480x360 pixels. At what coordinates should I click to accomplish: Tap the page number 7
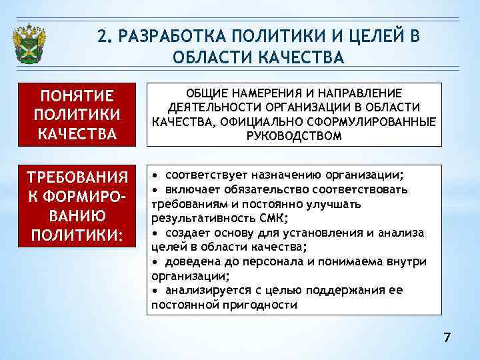click(x=447, y=338)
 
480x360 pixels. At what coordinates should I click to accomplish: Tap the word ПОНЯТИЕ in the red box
click(x=77, y=95)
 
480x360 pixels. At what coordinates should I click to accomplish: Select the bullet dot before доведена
click(x=155, y=261)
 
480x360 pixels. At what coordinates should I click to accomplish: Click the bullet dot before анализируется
click(x=155, y=291)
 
